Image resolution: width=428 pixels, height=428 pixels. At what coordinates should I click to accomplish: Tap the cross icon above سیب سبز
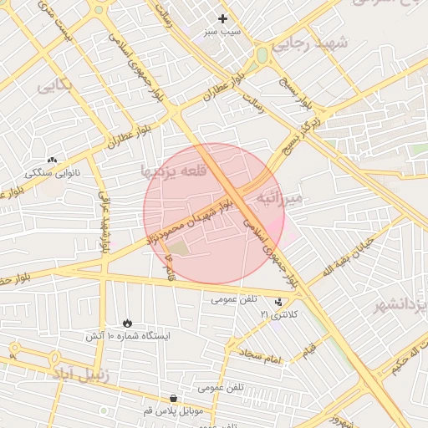(x=222, y=18)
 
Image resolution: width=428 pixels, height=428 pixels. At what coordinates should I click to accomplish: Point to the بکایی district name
(x=54, y=84)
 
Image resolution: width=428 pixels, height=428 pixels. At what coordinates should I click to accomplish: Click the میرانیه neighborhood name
(x=284, y=198)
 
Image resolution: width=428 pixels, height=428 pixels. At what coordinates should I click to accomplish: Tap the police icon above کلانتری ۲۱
(x=278, y=302)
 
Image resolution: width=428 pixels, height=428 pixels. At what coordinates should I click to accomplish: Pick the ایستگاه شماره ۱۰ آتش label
(x=127, y=335)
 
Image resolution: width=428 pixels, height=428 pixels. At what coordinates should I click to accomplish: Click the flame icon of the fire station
(x=127, y=322)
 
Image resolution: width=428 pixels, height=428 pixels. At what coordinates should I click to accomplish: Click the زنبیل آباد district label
(x=81, y=374)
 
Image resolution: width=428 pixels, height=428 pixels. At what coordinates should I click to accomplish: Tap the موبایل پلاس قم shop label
(x=172, y=412)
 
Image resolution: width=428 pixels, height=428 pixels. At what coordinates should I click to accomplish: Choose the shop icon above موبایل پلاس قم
(x=172, y=399)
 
